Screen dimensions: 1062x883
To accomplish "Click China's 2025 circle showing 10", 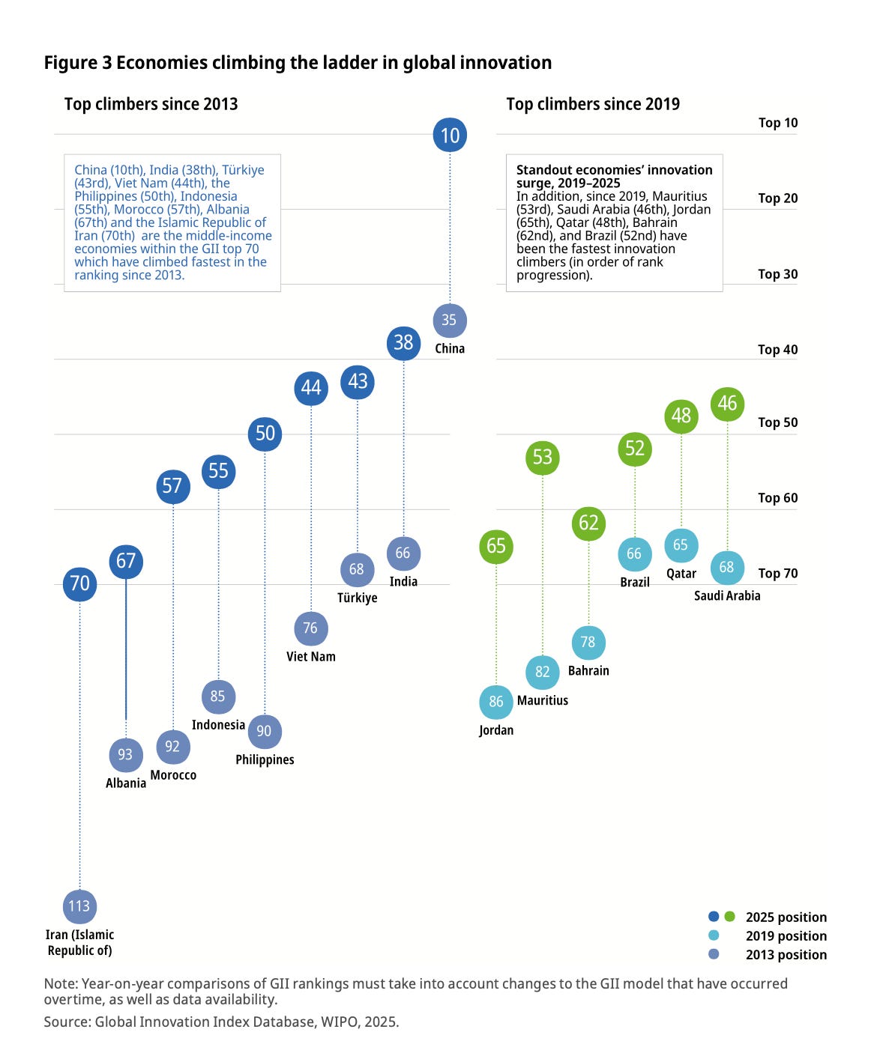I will (450, 135).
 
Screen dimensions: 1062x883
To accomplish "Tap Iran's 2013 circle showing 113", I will (79, 906).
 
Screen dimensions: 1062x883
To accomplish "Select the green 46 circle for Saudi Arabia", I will (727, 404).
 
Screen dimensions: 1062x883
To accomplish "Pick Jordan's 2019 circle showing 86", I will (496, 702).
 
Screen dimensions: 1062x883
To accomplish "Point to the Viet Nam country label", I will (311, 657).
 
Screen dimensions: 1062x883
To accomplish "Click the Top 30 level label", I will (778, 274).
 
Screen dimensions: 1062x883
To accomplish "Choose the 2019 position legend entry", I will (786, 936).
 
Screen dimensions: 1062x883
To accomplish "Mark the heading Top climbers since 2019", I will (593, 104).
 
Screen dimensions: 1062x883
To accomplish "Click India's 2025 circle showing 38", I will (403, 342).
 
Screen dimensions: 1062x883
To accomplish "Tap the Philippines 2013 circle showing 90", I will (264, 731).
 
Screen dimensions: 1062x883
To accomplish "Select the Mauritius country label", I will (543, 701).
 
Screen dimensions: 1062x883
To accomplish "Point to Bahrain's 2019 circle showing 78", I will (588, 643).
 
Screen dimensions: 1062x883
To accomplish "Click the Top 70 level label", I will (778, 574).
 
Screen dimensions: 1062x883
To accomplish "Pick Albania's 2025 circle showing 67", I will (126, 561).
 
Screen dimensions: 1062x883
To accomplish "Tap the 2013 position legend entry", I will (786, 955).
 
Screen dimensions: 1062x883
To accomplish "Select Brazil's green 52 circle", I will (635, 449).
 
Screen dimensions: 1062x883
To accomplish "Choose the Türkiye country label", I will (358, 598).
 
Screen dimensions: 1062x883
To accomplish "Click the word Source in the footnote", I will (66, 1022).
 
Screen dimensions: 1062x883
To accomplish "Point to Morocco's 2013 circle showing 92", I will (173, 747).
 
